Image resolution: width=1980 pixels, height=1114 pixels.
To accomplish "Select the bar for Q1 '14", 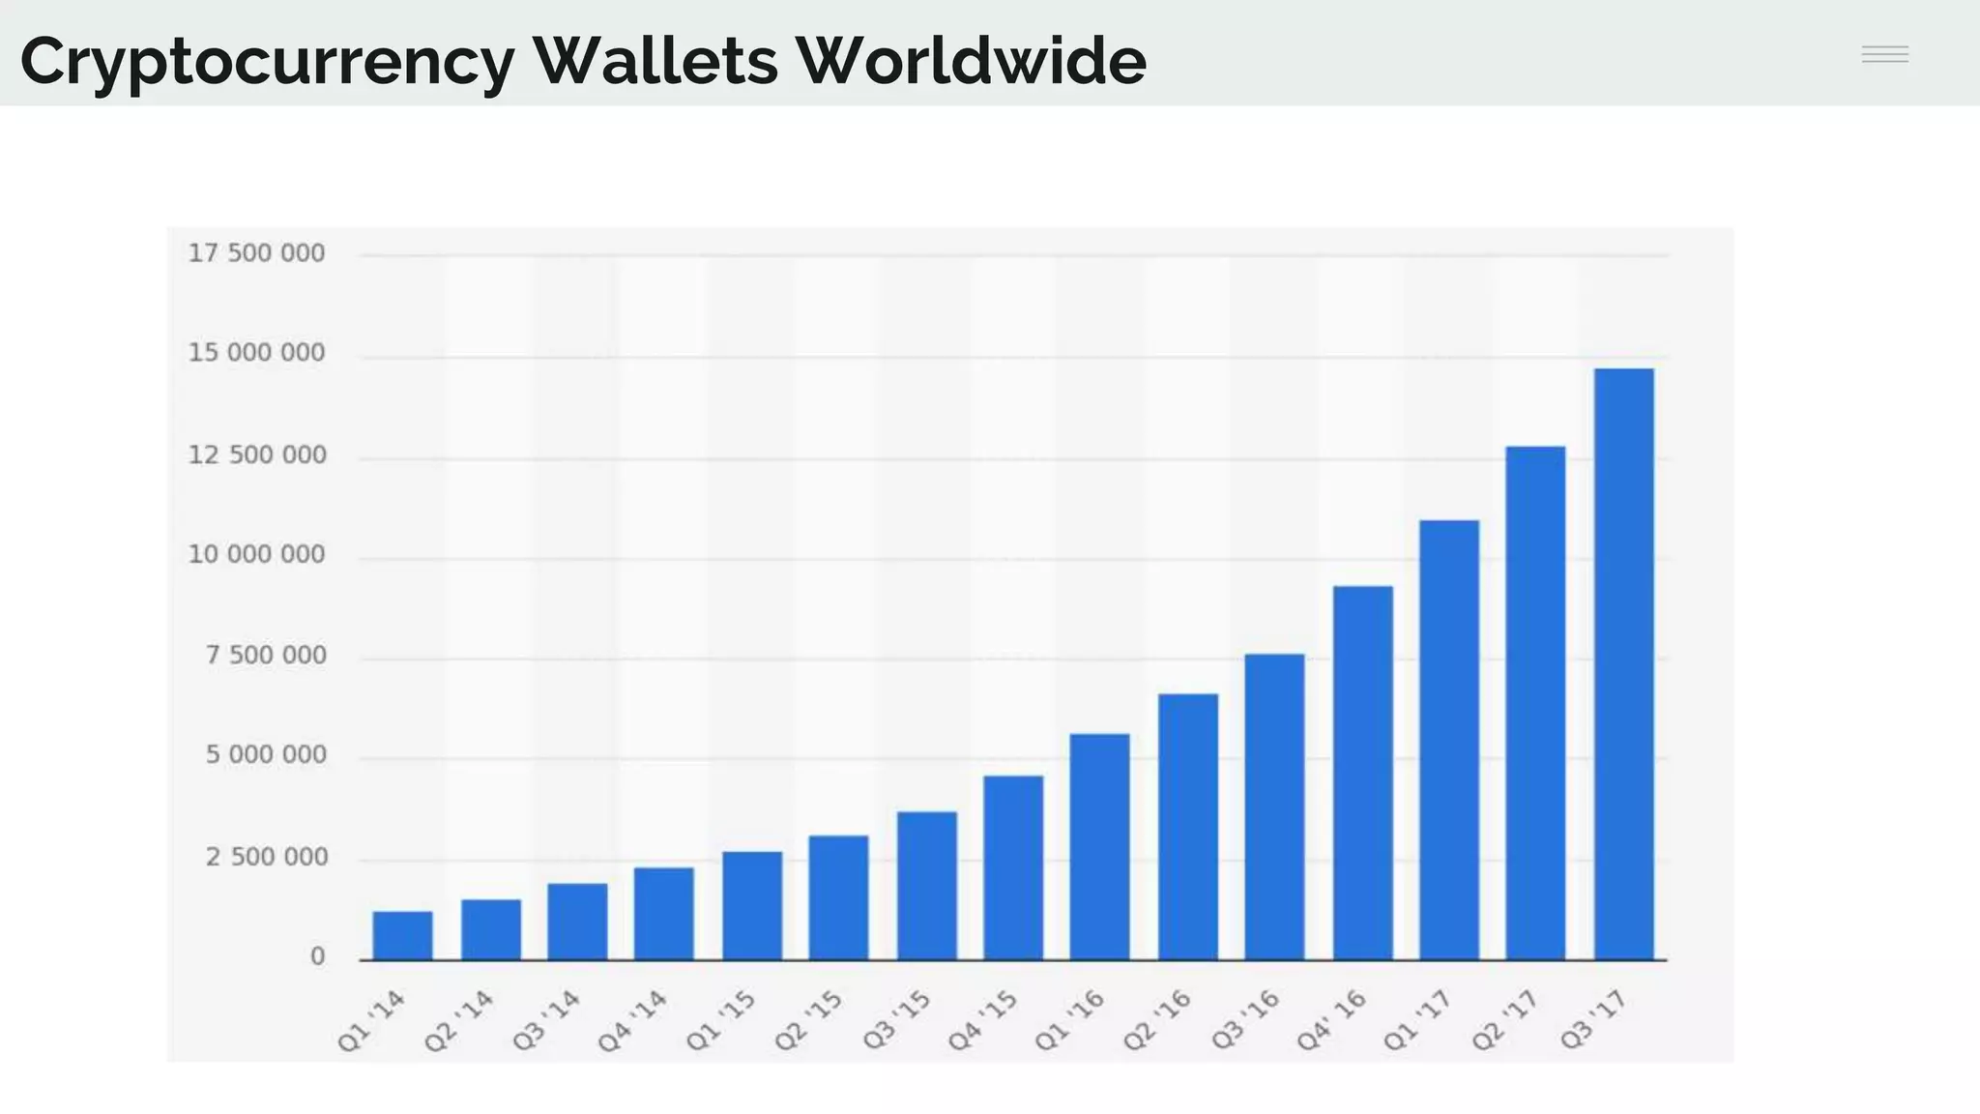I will coord(402,935).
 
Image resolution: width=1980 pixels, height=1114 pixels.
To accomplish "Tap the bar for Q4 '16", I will coord(1362,773).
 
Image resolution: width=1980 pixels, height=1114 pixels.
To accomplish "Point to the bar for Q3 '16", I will coord(1274,806).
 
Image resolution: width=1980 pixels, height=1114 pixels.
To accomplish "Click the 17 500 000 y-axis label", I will coord(256,253).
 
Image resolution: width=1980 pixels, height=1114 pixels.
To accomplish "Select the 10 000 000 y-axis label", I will coord(256,555).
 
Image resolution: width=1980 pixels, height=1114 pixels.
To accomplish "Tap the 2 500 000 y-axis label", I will coord(266,858).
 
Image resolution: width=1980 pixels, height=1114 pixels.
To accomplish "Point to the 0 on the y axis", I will coord(317,957).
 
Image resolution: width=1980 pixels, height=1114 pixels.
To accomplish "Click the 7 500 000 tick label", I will coord(266,656).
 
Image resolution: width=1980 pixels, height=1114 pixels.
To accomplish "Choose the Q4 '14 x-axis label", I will coord(633,1021).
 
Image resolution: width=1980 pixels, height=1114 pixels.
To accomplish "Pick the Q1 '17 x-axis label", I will coord(1417,1021).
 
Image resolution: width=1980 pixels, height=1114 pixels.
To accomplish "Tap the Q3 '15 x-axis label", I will coord(896,1021).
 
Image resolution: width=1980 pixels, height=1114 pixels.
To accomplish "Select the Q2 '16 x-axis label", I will coord(1157,1021).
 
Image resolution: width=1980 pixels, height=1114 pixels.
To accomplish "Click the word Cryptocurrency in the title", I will coord(267,62).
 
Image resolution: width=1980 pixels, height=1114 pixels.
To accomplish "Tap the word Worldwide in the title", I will coord(971,60).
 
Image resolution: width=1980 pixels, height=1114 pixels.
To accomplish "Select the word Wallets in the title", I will coord(655,60).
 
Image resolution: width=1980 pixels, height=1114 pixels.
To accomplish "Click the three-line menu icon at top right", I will coord(1884,54).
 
